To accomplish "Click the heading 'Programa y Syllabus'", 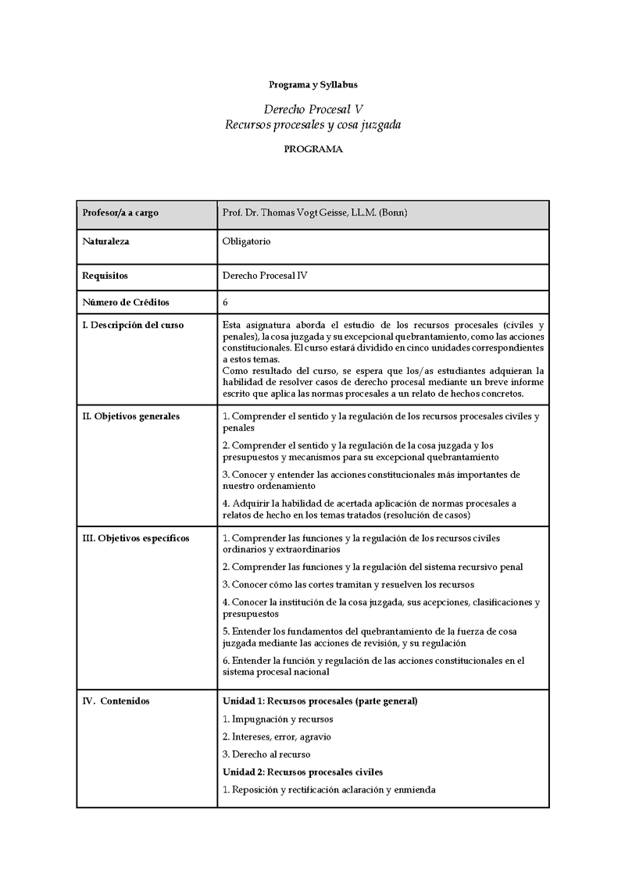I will point(312,84).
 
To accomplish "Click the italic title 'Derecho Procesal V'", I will point(312,109).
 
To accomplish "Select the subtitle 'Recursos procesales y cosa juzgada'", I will point(312,124).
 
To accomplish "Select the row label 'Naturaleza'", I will point(106,241).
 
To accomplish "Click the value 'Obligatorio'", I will point(247,241).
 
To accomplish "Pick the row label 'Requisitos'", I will point(105,276).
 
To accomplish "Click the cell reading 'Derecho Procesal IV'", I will point(266,276).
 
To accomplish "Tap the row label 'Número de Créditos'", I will point(126,302).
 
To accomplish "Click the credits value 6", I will point(226,302).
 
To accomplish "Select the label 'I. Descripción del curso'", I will point(133,325).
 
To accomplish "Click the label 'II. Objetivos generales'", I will point(130,416).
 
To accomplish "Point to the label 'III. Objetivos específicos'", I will point(135,538).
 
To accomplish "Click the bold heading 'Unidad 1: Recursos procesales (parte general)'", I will point(320,700).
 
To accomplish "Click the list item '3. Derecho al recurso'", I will point(266,754).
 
